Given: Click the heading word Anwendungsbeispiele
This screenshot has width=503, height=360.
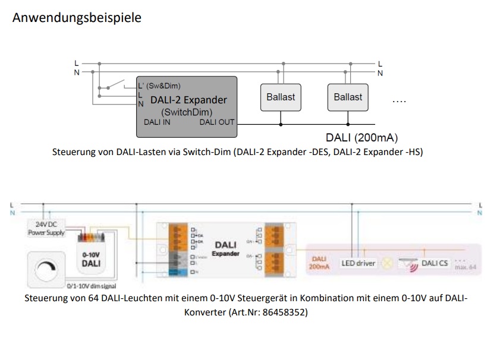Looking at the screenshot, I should (x=77, y=18).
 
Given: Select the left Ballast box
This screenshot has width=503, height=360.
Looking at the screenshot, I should (x=281, y=97).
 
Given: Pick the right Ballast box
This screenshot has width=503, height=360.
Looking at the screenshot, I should (x=348, y=97).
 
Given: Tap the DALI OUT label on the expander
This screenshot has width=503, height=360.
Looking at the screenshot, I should (x=217, y=122).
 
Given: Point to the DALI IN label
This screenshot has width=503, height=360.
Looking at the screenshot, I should (x=158, y=122).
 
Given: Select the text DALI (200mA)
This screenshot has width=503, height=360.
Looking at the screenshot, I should (x=361, y=138).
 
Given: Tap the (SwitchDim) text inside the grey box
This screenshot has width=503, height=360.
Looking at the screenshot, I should (x=187, y=111).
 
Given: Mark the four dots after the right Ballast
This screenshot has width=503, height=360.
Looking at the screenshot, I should (x=399, y=100).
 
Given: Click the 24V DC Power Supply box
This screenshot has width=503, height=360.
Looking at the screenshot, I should (x=45, y=229).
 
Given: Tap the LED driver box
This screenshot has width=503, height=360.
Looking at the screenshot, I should (x=359, y=263).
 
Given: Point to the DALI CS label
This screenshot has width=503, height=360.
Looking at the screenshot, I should (x=435, y=263).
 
